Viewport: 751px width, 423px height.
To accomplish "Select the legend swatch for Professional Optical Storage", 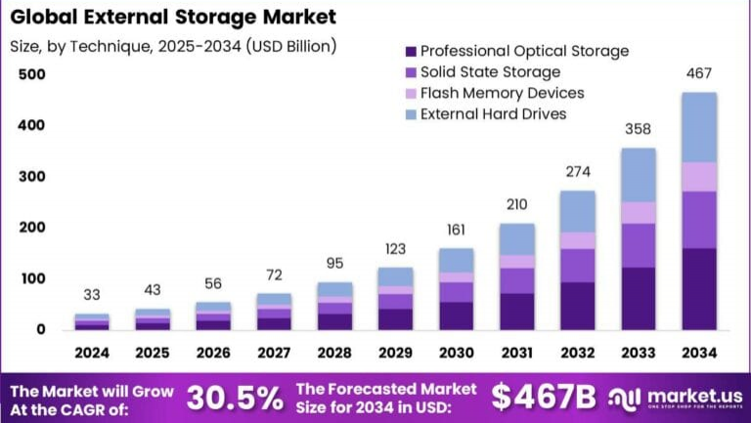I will [x=410, y=51].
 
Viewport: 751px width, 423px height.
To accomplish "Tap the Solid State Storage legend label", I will [x=490, y=72].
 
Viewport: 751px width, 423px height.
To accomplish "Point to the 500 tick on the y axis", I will [x=32, y=75].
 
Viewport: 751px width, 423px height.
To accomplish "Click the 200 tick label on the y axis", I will [x=32, y=228].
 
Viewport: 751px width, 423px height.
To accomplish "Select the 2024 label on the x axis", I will [x=92, y=352].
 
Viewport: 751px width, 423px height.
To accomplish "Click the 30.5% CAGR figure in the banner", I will [x=235, y=397].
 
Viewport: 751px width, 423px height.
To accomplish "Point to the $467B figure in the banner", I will [x=544, y=397].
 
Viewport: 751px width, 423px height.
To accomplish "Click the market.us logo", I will [x=675, y=397].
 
